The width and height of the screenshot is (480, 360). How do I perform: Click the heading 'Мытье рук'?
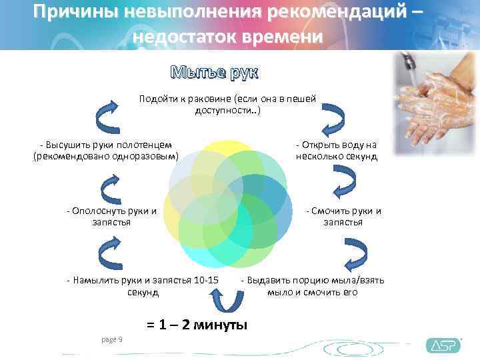(215, 72)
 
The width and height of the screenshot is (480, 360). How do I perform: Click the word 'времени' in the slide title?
(283, 37)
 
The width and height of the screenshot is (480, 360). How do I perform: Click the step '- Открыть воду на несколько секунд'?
(337, 151)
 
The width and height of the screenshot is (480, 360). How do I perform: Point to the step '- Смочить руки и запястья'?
(343, 217)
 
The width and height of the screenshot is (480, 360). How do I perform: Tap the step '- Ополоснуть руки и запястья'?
(112, 217)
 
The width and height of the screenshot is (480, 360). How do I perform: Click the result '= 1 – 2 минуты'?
(197, 325)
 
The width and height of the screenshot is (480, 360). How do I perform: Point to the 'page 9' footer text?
(111, 340)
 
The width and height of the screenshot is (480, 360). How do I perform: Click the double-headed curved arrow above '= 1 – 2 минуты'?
(228, 302)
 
